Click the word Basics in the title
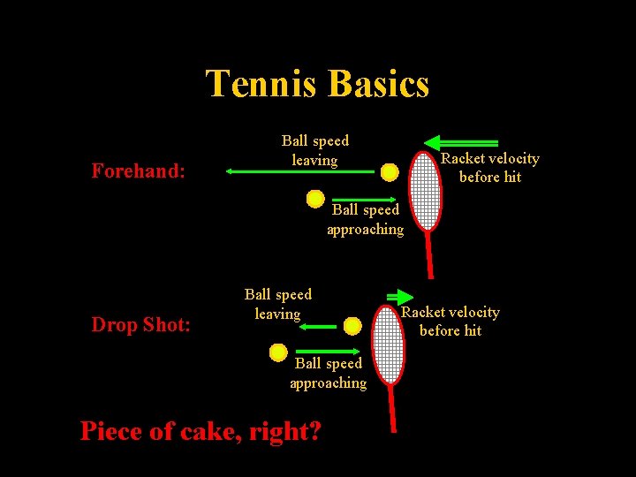377,84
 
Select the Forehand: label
138,170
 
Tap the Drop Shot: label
140,324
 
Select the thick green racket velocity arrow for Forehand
460,142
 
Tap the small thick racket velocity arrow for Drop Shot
399,297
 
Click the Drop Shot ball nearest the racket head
352,326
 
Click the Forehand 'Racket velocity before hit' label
489,167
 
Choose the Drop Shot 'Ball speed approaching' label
329,373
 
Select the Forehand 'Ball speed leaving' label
314,150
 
